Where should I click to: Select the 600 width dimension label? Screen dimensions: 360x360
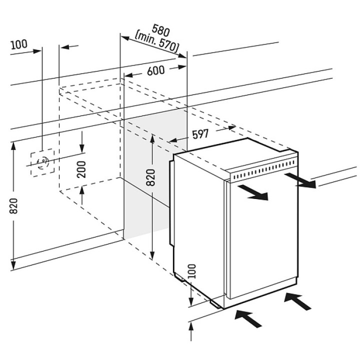[156, 70]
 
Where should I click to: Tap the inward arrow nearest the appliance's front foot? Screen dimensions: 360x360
[248, 316]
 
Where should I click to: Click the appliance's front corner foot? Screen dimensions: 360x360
[216, 302]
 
